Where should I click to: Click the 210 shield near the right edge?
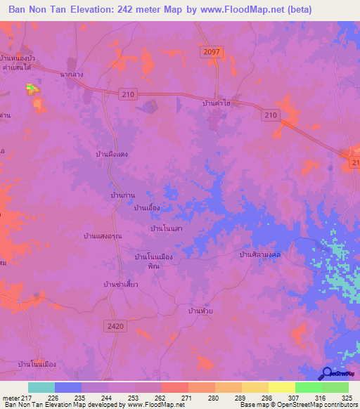[272, 115]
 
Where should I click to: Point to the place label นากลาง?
[73, 72]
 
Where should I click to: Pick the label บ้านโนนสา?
[167, 228]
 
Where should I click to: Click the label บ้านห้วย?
[201, 310]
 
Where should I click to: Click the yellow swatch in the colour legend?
[281, 387]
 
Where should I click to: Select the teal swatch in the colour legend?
[41, 387]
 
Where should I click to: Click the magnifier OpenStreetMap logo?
[327, 374]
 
